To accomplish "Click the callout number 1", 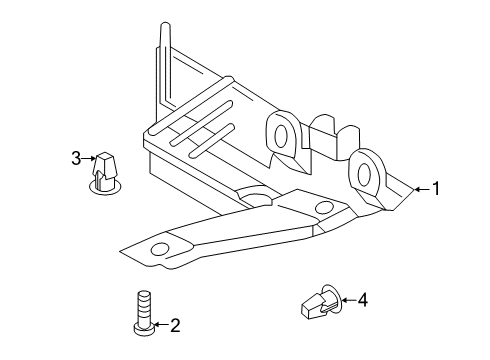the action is pos(436,189).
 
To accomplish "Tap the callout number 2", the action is pos(175,326).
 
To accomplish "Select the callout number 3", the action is pos(76,158).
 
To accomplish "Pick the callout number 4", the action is pos(363,300).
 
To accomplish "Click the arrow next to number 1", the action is pos(422,189).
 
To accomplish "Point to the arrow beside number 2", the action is pos(161,324).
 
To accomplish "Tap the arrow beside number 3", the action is pos(89,159).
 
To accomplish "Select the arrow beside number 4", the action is pos(349,300).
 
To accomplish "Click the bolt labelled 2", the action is pos(144,312).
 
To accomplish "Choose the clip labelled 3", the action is pos(104,174).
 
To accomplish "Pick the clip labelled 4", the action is pos(321,301).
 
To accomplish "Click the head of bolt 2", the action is pos(144,328).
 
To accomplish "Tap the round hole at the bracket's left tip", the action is pos(160,249).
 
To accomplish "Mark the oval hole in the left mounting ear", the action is pos(281,136).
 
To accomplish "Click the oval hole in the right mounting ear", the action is pos(364,173).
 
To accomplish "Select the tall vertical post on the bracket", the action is pos(166,62).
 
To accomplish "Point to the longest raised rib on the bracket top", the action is pos(191,105).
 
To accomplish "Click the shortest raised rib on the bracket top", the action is pos(211,141).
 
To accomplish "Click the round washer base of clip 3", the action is pos(105,187).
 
